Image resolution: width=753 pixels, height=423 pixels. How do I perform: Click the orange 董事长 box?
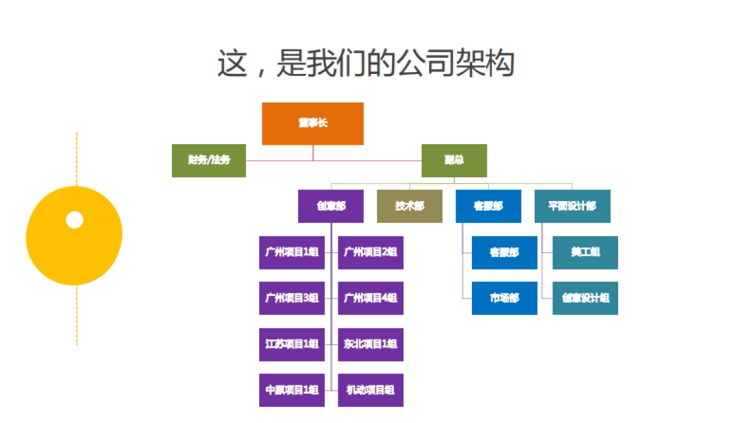(x=312, y=123)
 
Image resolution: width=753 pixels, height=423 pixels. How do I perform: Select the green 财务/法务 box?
(x=209, y=160)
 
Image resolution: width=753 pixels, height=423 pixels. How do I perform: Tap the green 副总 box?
(x=454, y=160)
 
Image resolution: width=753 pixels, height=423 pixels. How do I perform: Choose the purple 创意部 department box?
(x=331, y=206)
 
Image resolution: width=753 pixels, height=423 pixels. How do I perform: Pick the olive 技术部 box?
(x=409, y=206)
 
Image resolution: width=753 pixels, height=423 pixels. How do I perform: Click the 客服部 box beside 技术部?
(x=488, y=206)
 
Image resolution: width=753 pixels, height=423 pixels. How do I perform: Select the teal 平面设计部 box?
(x=572, y=206)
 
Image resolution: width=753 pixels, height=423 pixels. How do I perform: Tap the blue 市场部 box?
(x=505, y=298)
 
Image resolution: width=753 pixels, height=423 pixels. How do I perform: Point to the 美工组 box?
(x=585, y=253)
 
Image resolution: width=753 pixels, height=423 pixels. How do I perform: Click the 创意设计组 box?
(x=585, y=298)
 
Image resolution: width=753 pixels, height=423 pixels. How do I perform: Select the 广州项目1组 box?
(x=292, y=253)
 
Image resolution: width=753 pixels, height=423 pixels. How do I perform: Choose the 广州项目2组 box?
(x=370, y=253)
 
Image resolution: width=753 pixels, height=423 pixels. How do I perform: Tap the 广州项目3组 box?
(x=292, y=298)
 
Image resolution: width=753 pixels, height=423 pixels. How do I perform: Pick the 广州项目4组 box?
(x=370, y=298)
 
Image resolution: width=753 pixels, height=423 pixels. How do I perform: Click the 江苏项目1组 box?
(x=292, y=344)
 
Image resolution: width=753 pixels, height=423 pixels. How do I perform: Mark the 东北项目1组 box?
(x=370, y=344)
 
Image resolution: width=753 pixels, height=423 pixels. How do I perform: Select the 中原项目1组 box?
(x=292, y=390)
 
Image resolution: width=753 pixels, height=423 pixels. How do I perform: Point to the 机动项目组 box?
(x=370, y=390)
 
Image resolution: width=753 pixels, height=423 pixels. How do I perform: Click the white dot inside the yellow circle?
(x=75, y=220)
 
